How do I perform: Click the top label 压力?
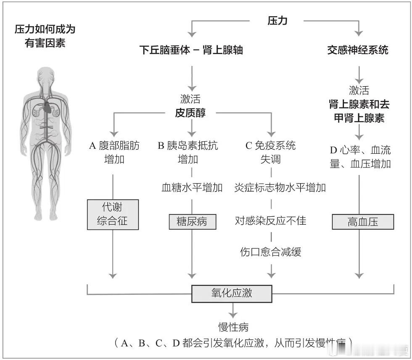[x=277, y=20]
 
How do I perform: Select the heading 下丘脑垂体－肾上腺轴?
[x=191, y=50]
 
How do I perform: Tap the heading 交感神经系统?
[x=358, y=50]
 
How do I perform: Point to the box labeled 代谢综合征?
[x=113, y=214]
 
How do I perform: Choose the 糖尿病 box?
[x=192, y=221]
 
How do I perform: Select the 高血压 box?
[x=362, y=222]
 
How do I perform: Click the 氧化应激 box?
[x=232, y=293]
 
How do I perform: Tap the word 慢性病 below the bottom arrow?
[x=232, y=327]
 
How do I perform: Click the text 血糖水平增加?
[x=192, y=187]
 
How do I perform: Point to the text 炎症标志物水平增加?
[x=280, y=187]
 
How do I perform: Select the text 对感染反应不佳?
[x=271, y=220]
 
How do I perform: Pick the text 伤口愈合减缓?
[x=271, y=252]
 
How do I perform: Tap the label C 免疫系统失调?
[x=271, y=152]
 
